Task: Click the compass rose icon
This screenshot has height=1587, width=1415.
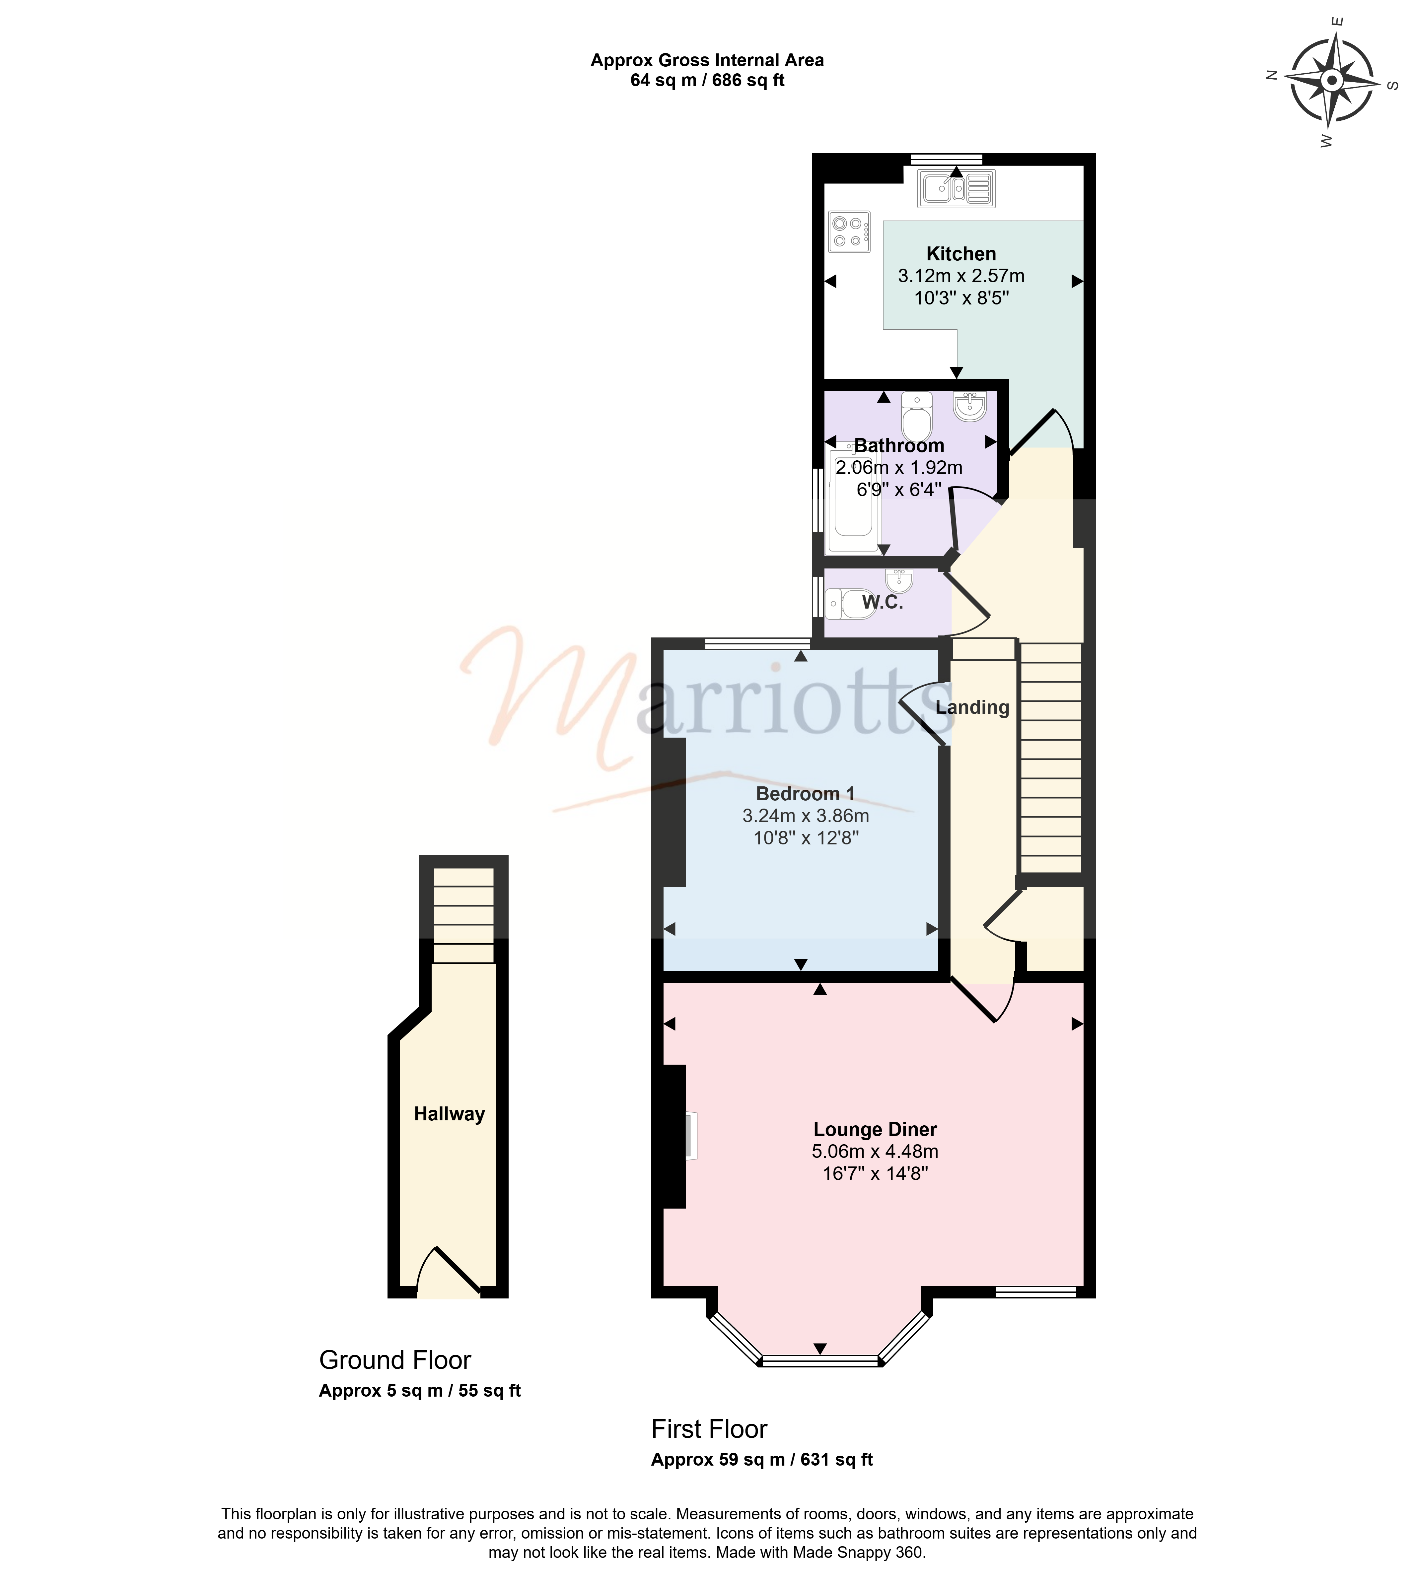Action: [1332, 81]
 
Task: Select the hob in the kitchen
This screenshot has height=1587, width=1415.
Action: [849, 231]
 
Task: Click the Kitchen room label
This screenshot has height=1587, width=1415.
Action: [961, 254]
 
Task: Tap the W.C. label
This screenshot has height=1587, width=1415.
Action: [883, 602]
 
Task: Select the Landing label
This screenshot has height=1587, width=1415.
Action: [973, 707]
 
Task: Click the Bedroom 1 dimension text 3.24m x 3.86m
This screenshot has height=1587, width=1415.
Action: [806, 816]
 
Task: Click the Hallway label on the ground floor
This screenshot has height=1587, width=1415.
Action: [449, 1114]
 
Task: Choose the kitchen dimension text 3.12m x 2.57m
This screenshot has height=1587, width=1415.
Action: [961, 276]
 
